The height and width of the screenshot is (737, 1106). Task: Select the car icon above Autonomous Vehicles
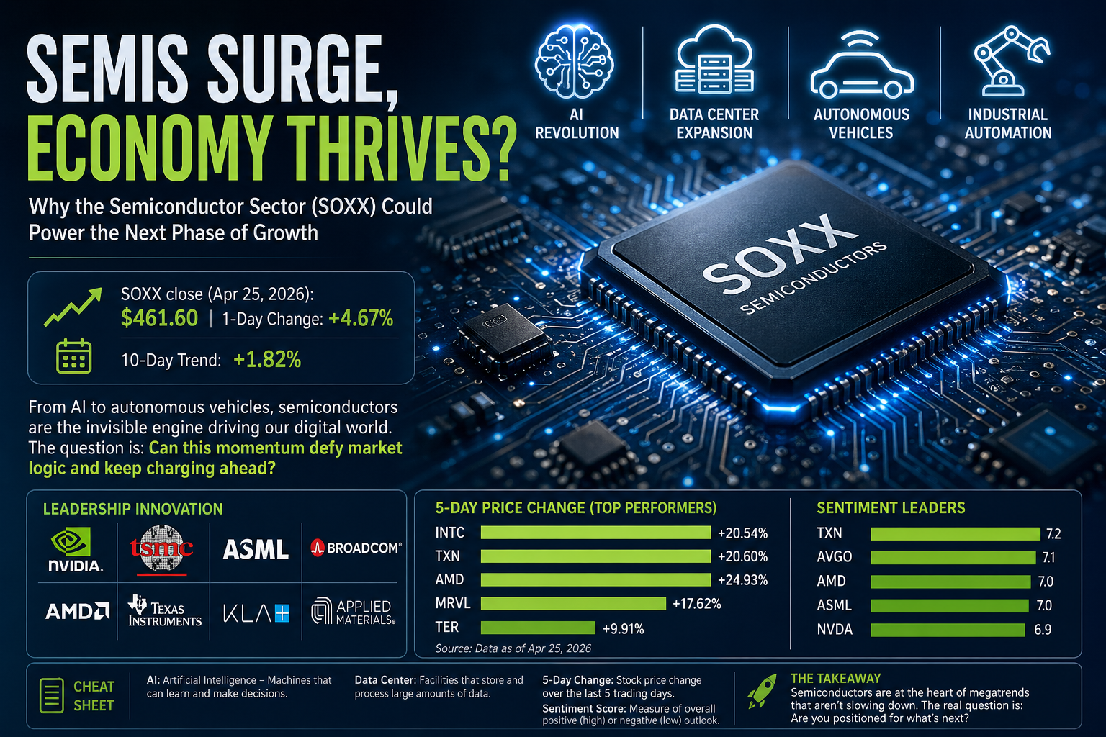click(x=861, y=68)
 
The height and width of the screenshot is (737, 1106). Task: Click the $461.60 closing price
click(x=159, y=318)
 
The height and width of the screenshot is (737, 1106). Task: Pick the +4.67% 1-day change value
click(x=361, y=318)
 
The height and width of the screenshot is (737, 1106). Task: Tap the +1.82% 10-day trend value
click(x=267, y=359)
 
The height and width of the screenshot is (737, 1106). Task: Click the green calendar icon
click(x=73, y=356)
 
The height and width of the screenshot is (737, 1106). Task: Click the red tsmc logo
click(x=162, y=550)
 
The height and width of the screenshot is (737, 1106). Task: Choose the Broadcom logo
click(x=356, y=548)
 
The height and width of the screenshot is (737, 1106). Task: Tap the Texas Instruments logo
click(x=164, y=610)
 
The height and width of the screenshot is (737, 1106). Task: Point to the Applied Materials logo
click(x=354, y=611)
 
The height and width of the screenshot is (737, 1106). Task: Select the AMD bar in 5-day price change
click(x=595, y=580)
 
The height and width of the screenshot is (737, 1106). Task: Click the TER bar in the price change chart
click(x=538, y=628)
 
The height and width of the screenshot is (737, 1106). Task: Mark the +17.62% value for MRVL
click(x=696, y=604)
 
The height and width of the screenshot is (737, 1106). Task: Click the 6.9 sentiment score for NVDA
click(x=1042, y=630)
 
